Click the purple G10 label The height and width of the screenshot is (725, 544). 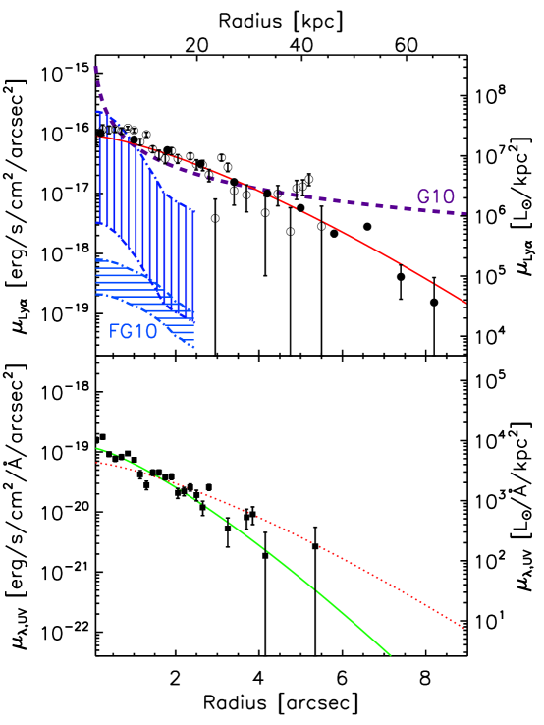click(435, 196)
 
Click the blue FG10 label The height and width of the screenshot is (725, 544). click(133, 331)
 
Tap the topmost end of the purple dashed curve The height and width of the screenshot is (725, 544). click(95, 68)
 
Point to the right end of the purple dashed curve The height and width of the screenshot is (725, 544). click(465, 213)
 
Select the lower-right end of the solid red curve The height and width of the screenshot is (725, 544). click(465, 303)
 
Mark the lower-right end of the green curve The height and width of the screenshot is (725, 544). click(391, 654)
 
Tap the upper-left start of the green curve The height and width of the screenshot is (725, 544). click(96, 448)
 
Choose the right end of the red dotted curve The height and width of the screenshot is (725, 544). click(463, 628)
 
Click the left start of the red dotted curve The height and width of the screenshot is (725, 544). click(96, 463)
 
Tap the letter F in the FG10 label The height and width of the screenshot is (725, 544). click(114, 331)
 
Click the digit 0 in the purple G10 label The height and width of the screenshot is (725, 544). click(448, 196)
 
